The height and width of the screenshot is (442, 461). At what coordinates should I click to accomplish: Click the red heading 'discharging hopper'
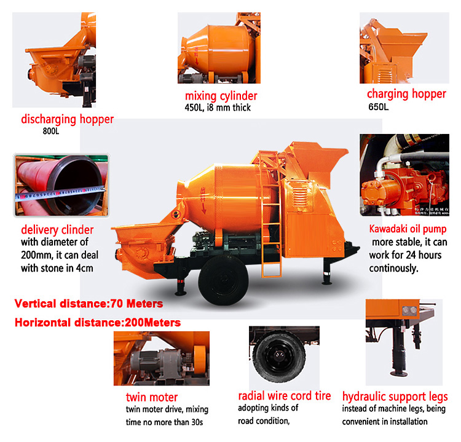pyautogui.click(x=68, y=119)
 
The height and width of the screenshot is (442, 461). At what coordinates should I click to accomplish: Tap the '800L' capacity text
pyautogui.click(x=51, y=131)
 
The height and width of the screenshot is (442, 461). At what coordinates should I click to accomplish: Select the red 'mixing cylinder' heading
pyautogui.click(x=221, y=96)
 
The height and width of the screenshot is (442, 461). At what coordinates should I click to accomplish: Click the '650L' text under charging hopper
pyautogui.click(x=379, y=107)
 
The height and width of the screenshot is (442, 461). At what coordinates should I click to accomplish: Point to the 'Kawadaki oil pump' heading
pyautogui.click(x=408, y=229)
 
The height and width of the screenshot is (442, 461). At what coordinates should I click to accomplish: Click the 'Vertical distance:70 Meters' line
pyautogui.click(x=89, y=304)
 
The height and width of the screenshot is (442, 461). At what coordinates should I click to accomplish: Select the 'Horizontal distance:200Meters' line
pyautogui.click(x=98, y=323)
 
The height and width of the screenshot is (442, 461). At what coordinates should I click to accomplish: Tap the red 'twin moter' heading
pyautogui.click(x=152, y=397)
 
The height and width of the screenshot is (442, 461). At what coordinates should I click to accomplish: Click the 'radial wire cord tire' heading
pyautogui.click(x=285, y=396)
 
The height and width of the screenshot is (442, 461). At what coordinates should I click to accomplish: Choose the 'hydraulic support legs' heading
pyautogui.click(x=395, y=397)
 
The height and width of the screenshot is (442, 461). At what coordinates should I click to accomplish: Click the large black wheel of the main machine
pyautogui.click(x=223, y=280)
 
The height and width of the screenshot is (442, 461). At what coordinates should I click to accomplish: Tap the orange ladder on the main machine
pyautogui.click(x=270, y=215)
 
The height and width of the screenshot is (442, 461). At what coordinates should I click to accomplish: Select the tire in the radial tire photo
pyautogui.click(x=278, y=357)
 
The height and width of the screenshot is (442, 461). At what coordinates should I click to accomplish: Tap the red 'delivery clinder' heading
pyautogui.click(x=57, y=230)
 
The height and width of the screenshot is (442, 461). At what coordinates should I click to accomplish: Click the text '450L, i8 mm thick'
pyautogui.click(x=218, y=108)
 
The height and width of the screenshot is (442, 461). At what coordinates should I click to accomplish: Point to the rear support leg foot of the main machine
pyautogui.click(x=326, y=283)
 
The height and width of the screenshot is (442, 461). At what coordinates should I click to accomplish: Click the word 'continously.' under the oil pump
pyautogui.click(x=393, y=269)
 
